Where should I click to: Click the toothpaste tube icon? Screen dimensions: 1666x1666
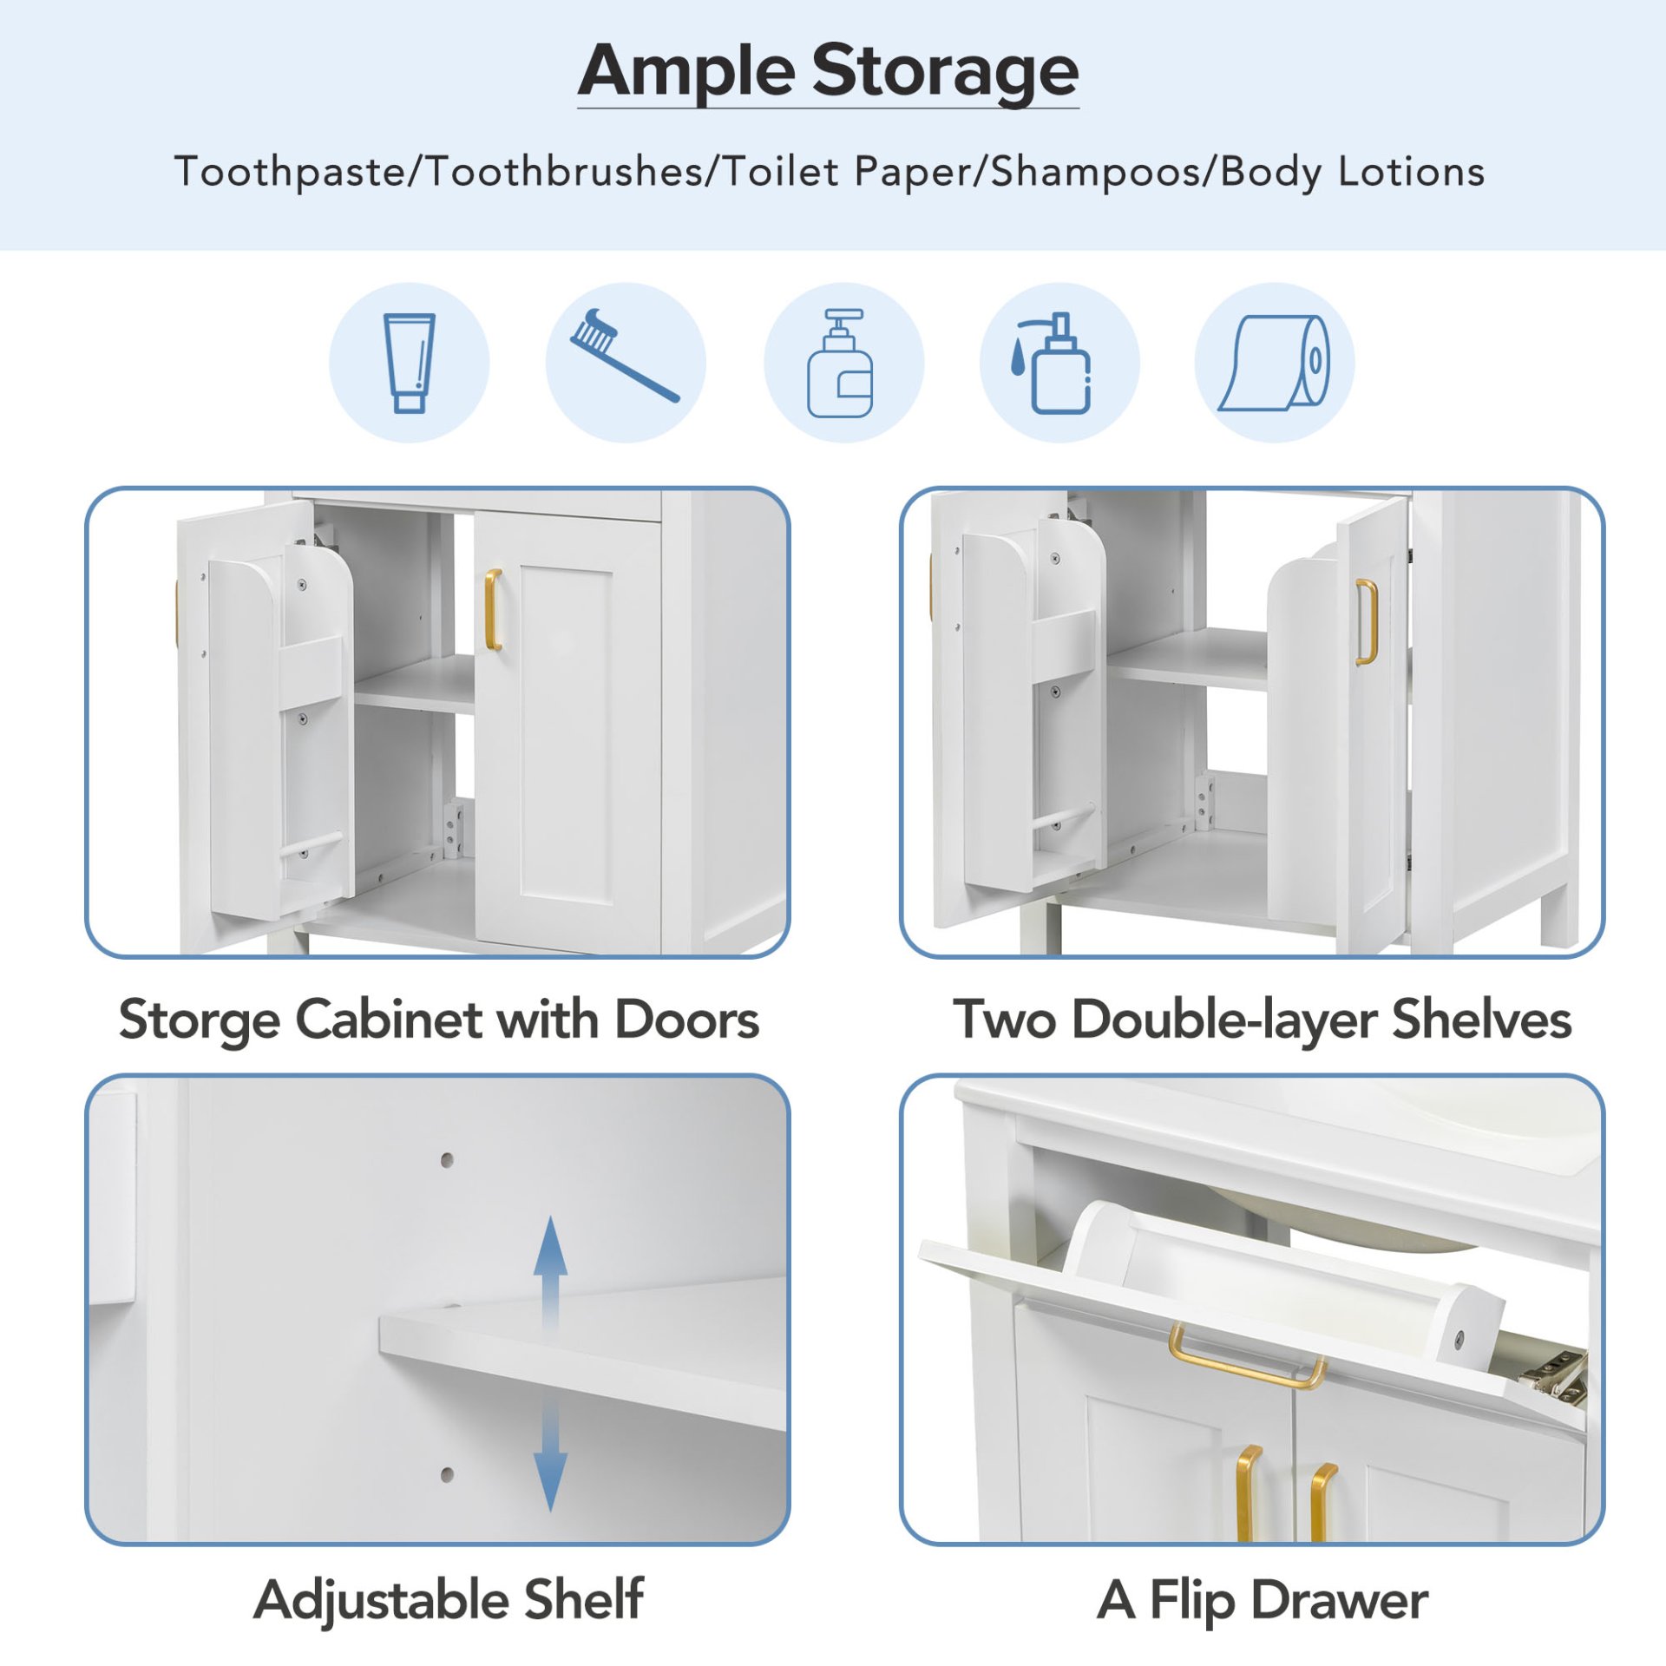tap(409, 363)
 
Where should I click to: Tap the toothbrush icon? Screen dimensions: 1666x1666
tap(624, 356)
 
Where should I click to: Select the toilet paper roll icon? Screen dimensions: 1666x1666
tap(1274, 363)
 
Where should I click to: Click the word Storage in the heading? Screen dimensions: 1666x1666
tap(945, 71)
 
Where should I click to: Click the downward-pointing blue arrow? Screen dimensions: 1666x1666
tap(550, 1475)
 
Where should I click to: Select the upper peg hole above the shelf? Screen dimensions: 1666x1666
tap(447, 1159)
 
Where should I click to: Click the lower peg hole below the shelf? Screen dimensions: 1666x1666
tap(447, 1474)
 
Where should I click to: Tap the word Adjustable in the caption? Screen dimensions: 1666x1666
tap(380, 1600)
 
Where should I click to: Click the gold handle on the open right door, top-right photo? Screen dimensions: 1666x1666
tap(1366, 621)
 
